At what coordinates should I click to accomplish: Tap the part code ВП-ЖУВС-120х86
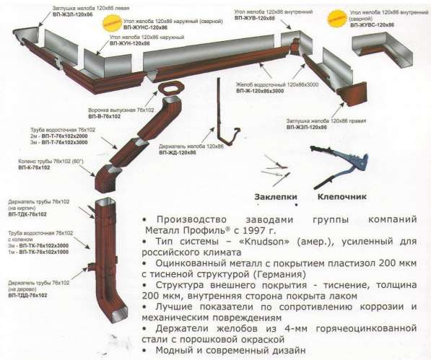373,25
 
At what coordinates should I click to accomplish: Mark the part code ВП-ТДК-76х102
28,214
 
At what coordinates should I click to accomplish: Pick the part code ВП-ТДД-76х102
28,296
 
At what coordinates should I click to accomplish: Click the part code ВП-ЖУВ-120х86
255,18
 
